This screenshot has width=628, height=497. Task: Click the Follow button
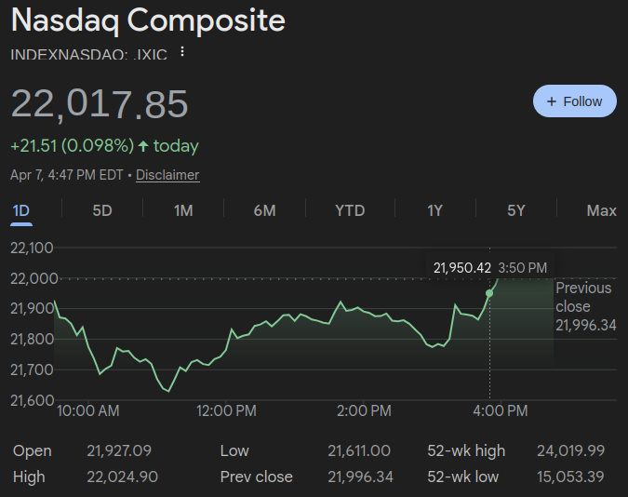coord(574,101)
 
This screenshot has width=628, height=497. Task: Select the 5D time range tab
coord(102,210)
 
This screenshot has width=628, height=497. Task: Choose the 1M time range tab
coord(183,210)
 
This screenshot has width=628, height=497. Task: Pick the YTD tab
coord(350,210)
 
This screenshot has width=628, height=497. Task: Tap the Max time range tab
coord(601,210)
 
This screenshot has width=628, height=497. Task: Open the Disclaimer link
coord(167,175)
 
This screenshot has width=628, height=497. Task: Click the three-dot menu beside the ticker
coord(182,53)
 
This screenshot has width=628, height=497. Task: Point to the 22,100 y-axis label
coord(32,248)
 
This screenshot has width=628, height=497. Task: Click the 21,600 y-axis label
coord(32,400)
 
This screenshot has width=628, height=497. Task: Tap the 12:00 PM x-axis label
coord(227,410)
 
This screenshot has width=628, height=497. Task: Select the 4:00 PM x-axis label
coord(501,410)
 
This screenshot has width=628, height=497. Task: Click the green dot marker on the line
coord(489,293)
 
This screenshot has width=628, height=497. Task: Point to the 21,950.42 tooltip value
coord(461,268)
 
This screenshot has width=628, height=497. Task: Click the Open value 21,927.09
coord(118,451)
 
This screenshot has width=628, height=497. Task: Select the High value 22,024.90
coord(122,477)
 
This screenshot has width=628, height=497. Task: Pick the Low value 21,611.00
coord(359,451)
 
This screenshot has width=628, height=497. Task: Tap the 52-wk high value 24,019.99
coord(570,451)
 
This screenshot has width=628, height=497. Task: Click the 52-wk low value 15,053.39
coord(570,477)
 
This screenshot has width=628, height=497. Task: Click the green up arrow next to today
coord(143,146)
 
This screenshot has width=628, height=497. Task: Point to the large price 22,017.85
coord(100,104)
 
